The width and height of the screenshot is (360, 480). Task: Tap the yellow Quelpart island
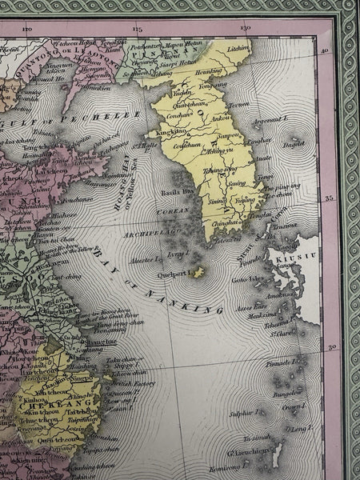[198, 272]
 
